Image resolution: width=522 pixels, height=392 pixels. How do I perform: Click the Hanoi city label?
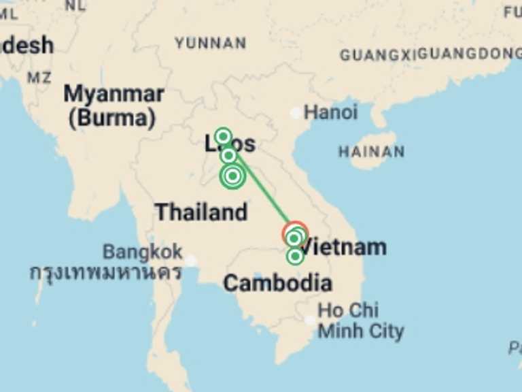pyautogui.click(x=330, y=112)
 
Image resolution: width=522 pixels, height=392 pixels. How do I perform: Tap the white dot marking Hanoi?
pyautogui.click(x=296, y=112)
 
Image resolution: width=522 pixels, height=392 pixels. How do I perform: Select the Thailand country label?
pyautogui.click(x=201, y=212)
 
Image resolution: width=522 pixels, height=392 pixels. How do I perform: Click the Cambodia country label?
pyautogui.click(x=277, y=282)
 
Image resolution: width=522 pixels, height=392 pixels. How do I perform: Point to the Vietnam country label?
pyautogui.click(x=343, y=247)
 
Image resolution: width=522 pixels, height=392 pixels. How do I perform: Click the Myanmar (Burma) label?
pyautogui.click(x=114, y=105)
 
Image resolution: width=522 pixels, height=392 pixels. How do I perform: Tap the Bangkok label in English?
pyautogui.click(x=143, y=252)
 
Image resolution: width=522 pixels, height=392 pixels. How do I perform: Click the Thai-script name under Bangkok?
pyautogui.click(x=105, y=272)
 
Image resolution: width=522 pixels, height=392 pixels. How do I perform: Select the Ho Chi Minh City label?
pyautogui.click(x=360, y=321)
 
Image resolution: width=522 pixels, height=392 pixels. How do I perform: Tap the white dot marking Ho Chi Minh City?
pyautogui.click(x=310, y=320)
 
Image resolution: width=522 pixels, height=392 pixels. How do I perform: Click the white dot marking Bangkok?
pyautogui.click(x=191, y=261)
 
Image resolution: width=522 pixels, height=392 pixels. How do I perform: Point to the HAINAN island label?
pyautogui.click(x=371, y=152)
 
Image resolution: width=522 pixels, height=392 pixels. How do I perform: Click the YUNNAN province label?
pyautogui.click(x=210, y=44)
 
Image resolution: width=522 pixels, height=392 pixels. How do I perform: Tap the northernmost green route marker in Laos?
pyautogui.click(x=222, y=136)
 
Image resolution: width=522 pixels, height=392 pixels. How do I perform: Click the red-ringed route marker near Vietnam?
pyautogui.click(x=295, y=233)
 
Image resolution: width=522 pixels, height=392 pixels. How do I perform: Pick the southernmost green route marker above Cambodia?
pyautogui.click(x=295, y=257)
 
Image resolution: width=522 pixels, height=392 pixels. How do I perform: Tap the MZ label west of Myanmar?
pyautogui.click(x=39, y=78)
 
